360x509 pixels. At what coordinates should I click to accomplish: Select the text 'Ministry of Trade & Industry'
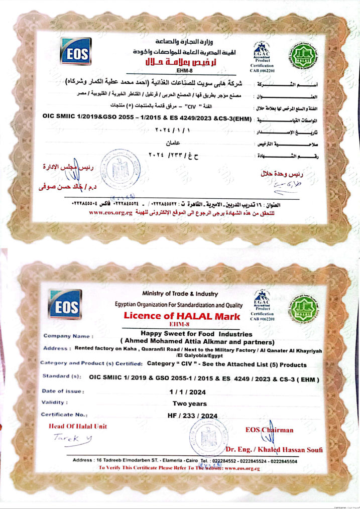click(x=180, y=294)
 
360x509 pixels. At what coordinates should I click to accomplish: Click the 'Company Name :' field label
click(x=68, y=336)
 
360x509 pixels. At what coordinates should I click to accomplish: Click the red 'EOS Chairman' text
click(x=269, y=430)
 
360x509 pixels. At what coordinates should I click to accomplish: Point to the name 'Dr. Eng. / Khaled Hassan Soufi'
click(x=274, y=449)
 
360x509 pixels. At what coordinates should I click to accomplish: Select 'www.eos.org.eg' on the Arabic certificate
click(x=111, y=213)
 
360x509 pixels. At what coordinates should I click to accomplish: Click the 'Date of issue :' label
click(x=63, y=391)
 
